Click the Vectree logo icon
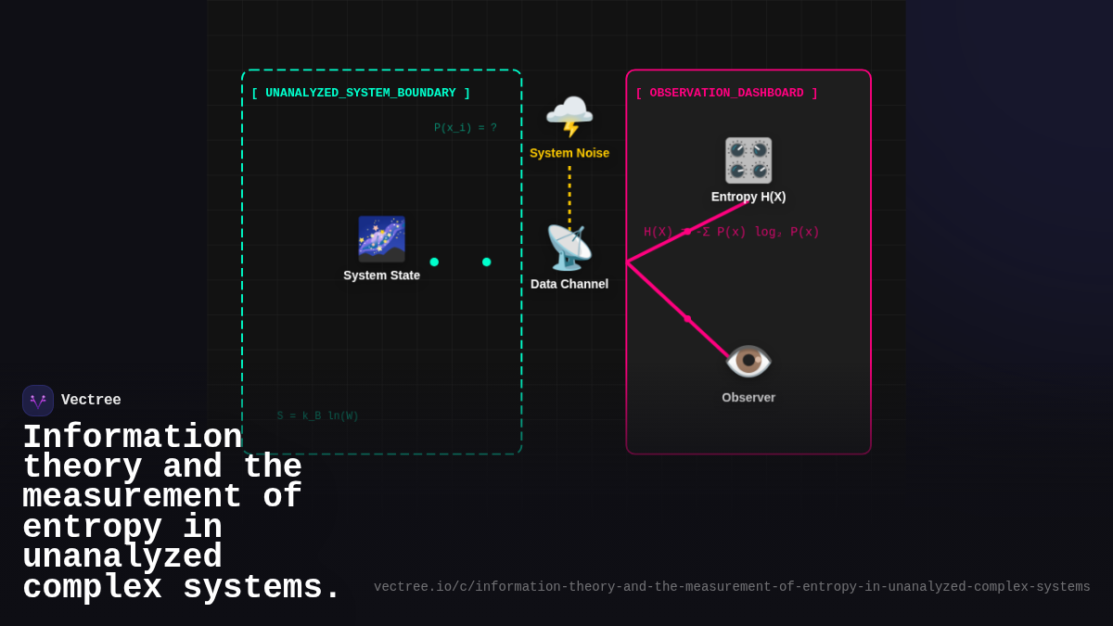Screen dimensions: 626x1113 (x=38, y=401)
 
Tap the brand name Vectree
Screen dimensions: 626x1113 (x=91, y=401)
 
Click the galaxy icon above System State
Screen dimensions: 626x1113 (x=381, y=239)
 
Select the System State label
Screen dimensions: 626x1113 (x=381, y=275)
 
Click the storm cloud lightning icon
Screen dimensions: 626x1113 (x=569, y=117)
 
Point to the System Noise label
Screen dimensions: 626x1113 (x=569, y=153)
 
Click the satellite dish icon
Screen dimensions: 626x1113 (x=569, y=248)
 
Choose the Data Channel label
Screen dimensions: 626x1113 (x=569, y=284)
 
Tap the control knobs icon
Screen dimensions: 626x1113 (x=748, y=160)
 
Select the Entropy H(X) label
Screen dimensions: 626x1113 (x=748, y=197)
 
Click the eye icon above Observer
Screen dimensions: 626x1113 (x=748, y=361)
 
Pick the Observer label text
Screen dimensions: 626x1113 (x=748, y=398)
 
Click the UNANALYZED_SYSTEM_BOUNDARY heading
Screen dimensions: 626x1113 (x=361, y=93)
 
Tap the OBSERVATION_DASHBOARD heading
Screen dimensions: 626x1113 (x=726, y=93)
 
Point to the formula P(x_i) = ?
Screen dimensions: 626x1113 (x=465, y=128)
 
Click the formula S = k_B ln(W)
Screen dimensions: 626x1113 (x=317, y=416)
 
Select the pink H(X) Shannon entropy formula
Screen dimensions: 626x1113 (x=732, y=232)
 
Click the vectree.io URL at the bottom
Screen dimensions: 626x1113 (x=732, y=587)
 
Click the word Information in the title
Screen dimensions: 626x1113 (x=132, y=438)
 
